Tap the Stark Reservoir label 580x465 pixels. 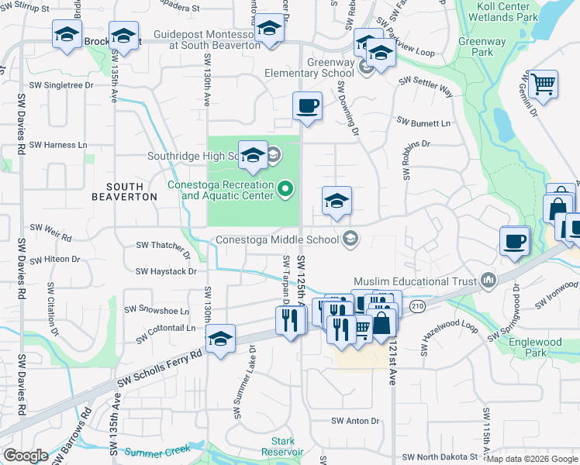click(x=278, y=446)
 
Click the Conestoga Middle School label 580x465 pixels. click(x=278, y=239)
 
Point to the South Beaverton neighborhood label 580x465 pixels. click(x=124, y=191)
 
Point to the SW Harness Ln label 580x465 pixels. click(x=58, y=145)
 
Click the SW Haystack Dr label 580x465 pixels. click(x=166, y=271)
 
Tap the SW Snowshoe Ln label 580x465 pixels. click(x=163, y=311)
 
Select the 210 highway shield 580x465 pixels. click(x=418, y=308)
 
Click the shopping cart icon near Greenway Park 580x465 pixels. click(x=544, y=82)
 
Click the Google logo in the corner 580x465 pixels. click(x=26, y=456)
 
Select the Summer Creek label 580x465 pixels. click(x=157, y=451)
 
